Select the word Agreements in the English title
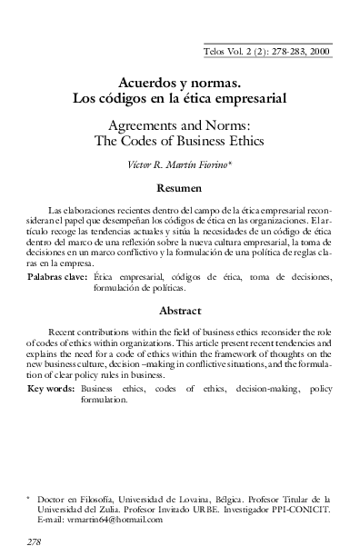coord(152,124)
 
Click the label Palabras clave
coord(57,276)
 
